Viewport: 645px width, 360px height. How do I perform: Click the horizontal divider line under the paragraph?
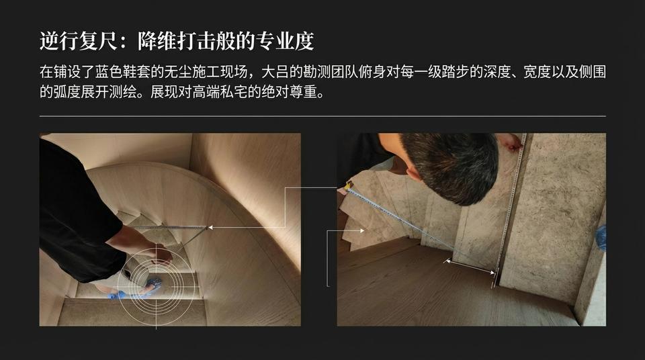click(322, 116)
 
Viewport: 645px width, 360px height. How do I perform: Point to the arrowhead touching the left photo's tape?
click(210, 228)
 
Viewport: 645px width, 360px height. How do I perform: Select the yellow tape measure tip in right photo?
click(349, 185)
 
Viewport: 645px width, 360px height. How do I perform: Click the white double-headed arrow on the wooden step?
click(470, 266)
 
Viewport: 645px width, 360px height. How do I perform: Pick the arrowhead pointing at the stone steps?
click(362, 230)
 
